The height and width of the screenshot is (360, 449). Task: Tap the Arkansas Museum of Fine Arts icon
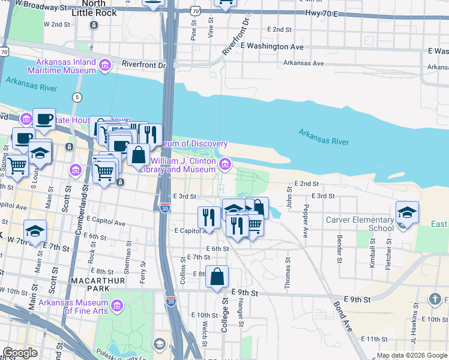(x=116, y=307)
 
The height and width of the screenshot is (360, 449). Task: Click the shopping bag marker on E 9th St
(x=217, y=277)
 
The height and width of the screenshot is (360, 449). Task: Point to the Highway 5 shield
(x=77, y=97)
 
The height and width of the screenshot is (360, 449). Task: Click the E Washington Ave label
(x=272, y=46)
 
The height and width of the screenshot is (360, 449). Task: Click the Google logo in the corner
(x=20, y=353)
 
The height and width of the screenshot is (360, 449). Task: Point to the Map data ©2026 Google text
(x=411, y=355)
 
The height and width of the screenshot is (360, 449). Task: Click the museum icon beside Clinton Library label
(x=225, y=163)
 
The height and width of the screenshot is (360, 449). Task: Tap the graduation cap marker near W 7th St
(x=35, y=230)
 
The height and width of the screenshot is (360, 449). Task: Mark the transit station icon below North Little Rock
(x=94, y=25)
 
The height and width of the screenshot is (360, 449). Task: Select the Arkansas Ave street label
(x=304, y=62)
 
